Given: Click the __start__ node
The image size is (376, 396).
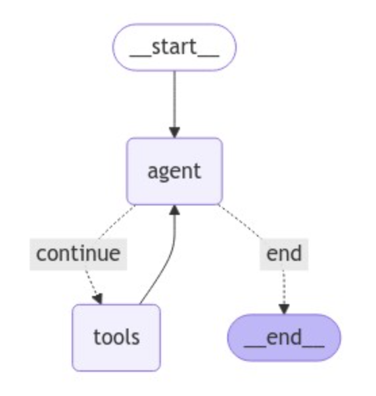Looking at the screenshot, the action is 174,47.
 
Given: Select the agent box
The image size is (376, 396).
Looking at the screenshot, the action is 174,171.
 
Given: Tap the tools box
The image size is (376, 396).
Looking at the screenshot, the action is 116,337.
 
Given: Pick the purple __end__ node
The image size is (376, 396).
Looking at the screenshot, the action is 284,338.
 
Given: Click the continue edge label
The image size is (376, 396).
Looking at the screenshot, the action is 78,254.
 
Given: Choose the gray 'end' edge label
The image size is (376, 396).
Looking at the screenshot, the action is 284,254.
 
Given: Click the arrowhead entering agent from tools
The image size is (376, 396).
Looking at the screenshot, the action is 174,210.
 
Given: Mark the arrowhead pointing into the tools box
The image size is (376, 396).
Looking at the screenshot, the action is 97,299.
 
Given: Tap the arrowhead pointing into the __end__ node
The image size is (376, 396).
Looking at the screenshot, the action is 284,309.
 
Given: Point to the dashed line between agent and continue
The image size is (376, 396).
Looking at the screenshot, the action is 117,222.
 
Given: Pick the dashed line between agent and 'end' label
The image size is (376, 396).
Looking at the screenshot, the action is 239,222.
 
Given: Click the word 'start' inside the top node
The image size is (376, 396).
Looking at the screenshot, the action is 174,47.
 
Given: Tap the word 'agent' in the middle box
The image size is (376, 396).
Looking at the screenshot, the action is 174,172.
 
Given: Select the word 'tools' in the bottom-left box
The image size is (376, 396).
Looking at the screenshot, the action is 116,337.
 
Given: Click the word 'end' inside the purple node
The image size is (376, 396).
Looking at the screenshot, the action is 284,338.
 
